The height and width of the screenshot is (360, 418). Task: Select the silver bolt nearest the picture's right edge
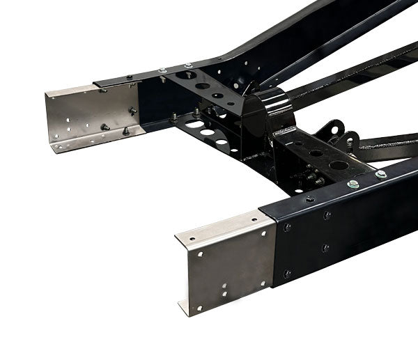[381, 174]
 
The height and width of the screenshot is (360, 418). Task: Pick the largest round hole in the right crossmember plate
[339, 166]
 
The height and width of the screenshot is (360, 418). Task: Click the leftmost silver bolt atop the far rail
[162, 70]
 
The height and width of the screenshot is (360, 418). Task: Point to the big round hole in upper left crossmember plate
[187, 75]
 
